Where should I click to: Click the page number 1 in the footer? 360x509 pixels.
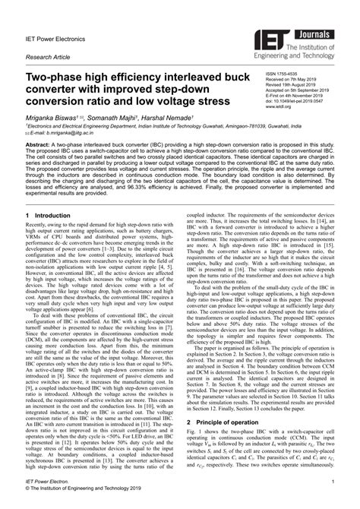(332, 482)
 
